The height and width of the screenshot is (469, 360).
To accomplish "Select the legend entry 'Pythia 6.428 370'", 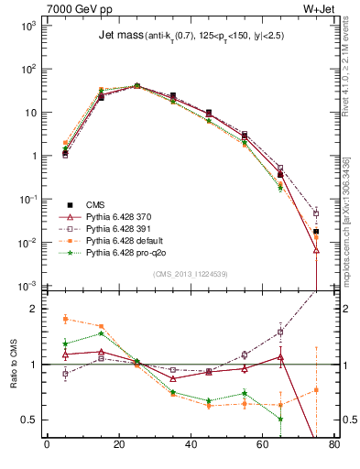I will [121, 216].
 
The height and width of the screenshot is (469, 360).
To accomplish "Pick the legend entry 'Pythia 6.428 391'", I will [121, 228].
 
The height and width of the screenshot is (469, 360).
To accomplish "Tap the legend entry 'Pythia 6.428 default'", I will [128, 240].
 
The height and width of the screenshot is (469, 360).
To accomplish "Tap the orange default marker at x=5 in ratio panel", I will [65, 319].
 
